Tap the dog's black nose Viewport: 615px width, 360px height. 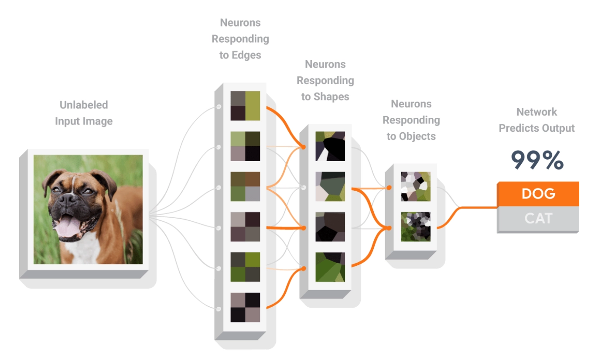tap(68, 199)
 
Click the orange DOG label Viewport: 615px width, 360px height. tap(538, 194)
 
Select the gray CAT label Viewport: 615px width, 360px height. tap(538, 218)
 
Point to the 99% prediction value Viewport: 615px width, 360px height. tap(537, 161)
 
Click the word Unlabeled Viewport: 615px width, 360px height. tap(84, 105)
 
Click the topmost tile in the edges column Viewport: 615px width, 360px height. tap(245, 106)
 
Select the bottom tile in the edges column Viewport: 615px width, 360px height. tap(245, 307)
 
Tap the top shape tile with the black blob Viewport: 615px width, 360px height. tap(330, 146)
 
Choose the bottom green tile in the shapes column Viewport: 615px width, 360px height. tap(330, 267)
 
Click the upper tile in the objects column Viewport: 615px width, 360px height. tap(416, 186)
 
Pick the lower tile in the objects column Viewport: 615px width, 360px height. tap(416, 226)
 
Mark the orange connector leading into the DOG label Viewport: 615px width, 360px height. tap(471, 208)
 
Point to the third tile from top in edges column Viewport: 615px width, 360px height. tap(245, 186)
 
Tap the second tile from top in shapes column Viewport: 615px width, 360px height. tap(330, 186)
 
